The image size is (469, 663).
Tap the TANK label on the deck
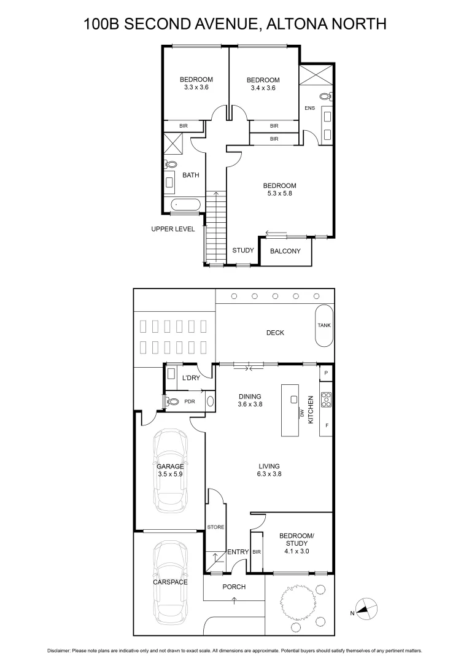[x=324, y=325]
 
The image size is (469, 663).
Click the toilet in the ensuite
[x=326, y=96]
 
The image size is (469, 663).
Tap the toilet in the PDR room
[x=172, y=401]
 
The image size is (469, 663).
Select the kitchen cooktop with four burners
[x=326, y=400]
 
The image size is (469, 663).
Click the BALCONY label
[x=285, y=251]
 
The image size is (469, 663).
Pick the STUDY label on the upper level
[x=243, y=250]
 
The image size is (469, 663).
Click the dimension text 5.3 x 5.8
[x=280, y=194]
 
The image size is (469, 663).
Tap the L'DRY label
[x=191, y=378]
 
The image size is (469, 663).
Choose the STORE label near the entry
[x=215, y=527]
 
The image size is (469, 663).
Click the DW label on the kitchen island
[x=301, y=414]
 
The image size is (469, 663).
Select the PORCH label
[x=234, y=587]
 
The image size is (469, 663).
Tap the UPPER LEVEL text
[x=173, y=229]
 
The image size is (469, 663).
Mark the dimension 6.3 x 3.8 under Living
[x=269, y=474]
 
